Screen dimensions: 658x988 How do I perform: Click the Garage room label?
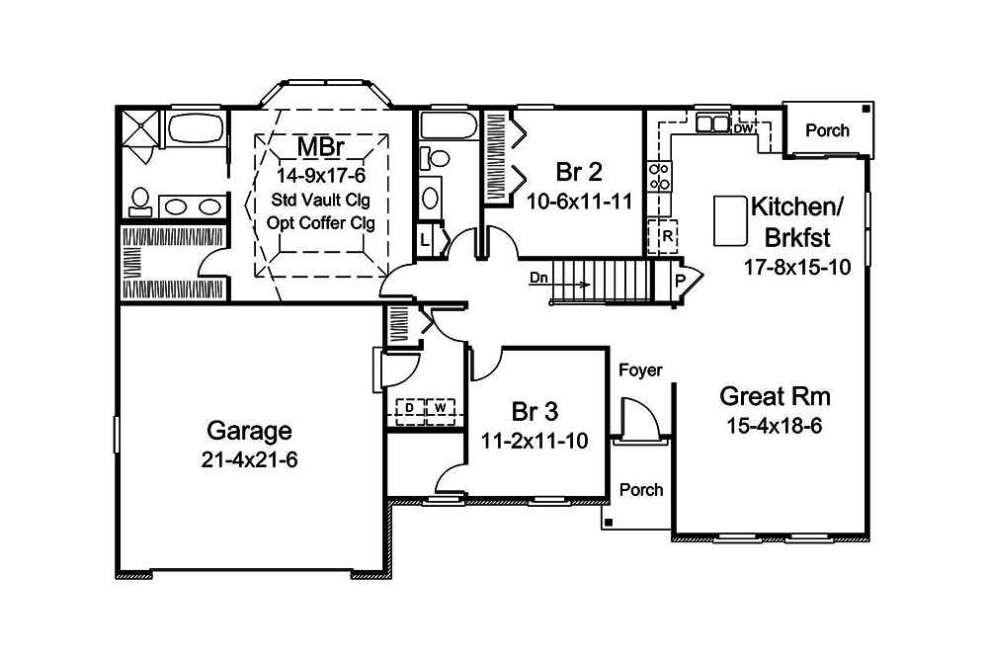249,431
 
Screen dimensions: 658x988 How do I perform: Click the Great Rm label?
775,397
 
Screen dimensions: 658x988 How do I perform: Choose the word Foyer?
639,370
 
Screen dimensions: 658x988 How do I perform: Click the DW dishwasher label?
743,129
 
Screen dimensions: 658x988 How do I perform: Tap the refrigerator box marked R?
668,237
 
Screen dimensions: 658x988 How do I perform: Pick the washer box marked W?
441,407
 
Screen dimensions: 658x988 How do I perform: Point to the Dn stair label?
538,279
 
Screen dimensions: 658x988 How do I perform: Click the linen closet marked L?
424,240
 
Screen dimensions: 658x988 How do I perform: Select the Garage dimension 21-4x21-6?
249,459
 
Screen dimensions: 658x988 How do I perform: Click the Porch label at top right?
827,130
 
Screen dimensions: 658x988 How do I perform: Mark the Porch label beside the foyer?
640,490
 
